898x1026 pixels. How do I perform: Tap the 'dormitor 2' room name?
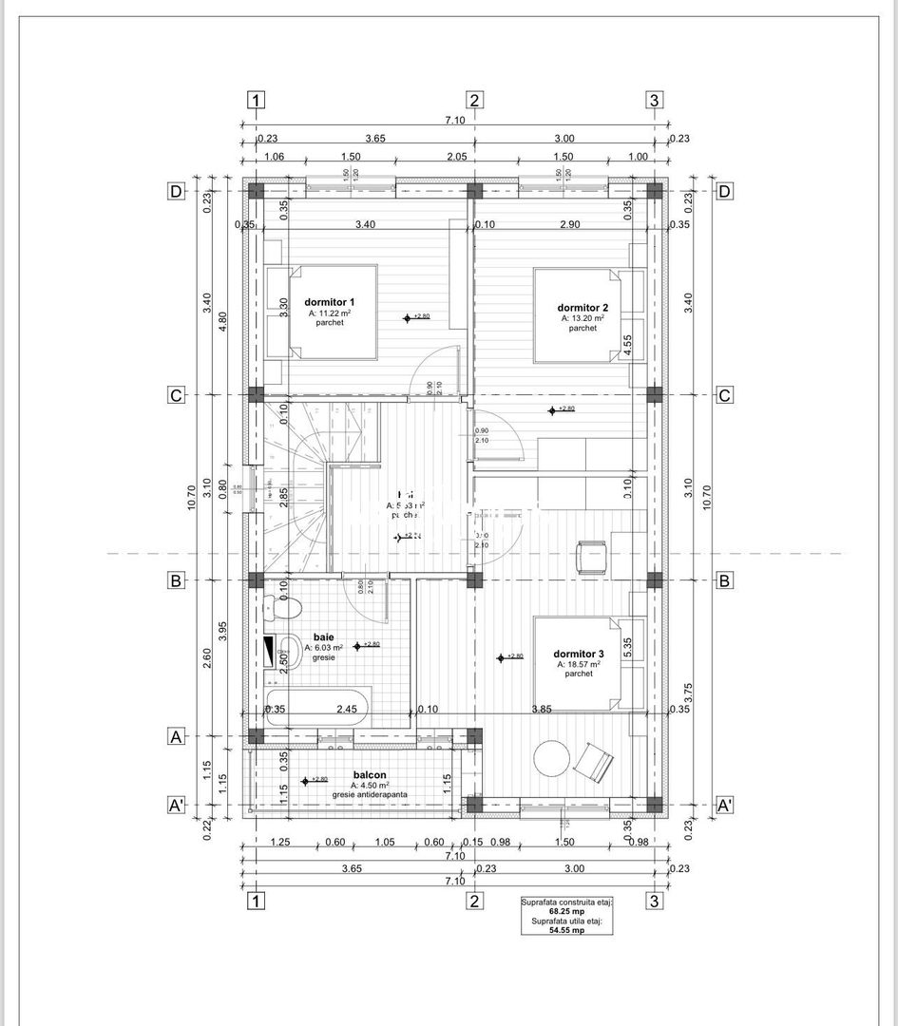(583, 307)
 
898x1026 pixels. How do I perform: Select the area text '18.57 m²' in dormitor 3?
(586, 664)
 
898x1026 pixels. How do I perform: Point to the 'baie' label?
(324, 637)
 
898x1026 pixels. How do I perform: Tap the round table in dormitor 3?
(553, 761)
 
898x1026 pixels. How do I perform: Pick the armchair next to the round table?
(596, 760)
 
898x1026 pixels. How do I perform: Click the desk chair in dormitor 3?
(591, 557)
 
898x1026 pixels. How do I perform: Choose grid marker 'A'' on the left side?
(176, 806)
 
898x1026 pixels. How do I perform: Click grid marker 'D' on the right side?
(725, 191)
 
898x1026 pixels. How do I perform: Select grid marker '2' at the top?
(475, 101)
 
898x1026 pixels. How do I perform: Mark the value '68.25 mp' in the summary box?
(565, 911)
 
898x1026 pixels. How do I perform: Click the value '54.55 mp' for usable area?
(565, 930)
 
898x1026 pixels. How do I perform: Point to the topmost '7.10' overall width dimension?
(454, 120)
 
